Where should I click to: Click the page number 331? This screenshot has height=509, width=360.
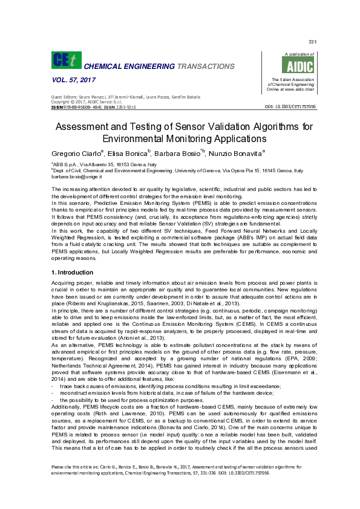coord(313,42)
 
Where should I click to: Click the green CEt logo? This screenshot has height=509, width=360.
coord(64,60)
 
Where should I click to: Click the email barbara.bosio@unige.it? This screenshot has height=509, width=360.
coord(77,177)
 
